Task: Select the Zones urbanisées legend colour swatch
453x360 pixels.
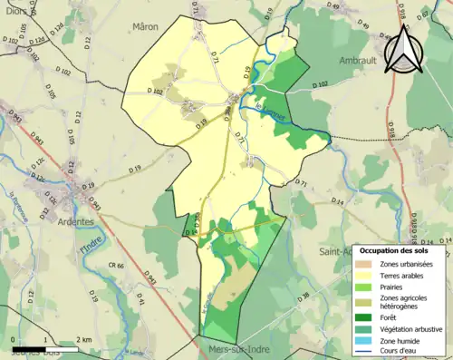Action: click(363, 263)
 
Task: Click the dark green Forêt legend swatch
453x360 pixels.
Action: click(363, 316)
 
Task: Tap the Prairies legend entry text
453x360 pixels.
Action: click(390, 287)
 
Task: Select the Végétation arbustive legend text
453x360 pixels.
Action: click(410, 328)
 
